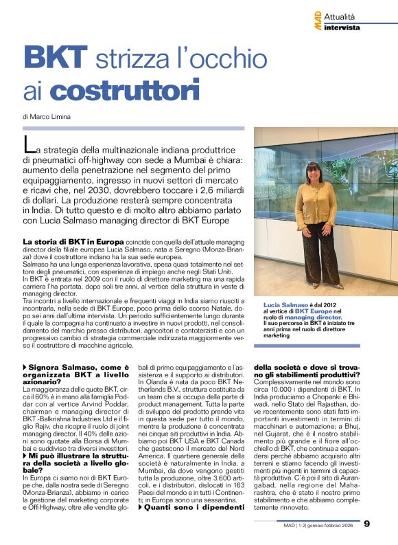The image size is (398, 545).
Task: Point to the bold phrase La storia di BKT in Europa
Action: point(73,242)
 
